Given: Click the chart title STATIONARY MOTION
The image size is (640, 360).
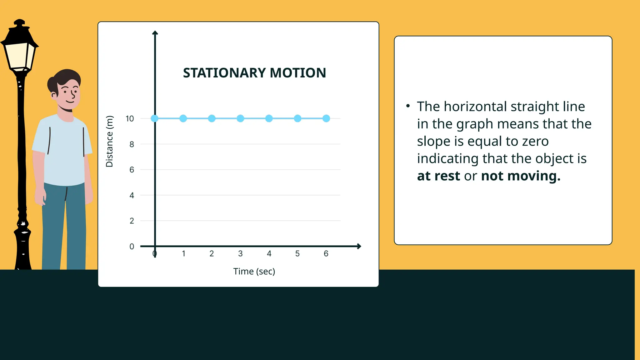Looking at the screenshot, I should pos(254,73).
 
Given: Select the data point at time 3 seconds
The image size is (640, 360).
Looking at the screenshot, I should pos(240,118).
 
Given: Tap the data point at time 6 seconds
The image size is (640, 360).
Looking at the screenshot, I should pos(326,118).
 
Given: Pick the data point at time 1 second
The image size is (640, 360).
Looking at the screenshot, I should pos(183,118).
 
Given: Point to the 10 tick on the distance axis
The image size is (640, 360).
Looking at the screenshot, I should pos(130,119).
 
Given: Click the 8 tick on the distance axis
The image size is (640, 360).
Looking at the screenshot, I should pos(132,144).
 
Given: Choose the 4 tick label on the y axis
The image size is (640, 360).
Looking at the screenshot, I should pos(132,195).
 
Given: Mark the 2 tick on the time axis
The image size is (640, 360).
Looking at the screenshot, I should pos(212,253).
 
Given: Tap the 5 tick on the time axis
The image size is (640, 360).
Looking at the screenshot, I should pos(297,253).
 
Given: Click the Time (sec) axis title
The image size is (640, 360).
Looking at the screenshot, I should pos(254,271).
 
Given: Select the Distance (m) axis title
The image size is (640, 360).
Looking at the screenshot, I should pos(109,141).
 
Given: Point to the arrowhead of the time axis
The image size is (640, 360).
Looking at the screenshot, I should pos(359,246).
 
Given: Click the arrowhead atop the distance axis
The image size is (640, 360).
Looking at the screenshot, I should pos(155,33).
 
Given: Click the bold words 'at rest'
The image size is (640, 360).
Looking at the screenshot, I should pos(438,176).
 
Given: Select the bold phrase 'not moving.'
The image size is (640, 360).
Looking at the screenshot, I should pos(521,176).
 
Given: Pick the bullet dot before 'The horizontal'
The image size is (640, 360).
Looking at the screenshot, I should pos(408,106).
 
